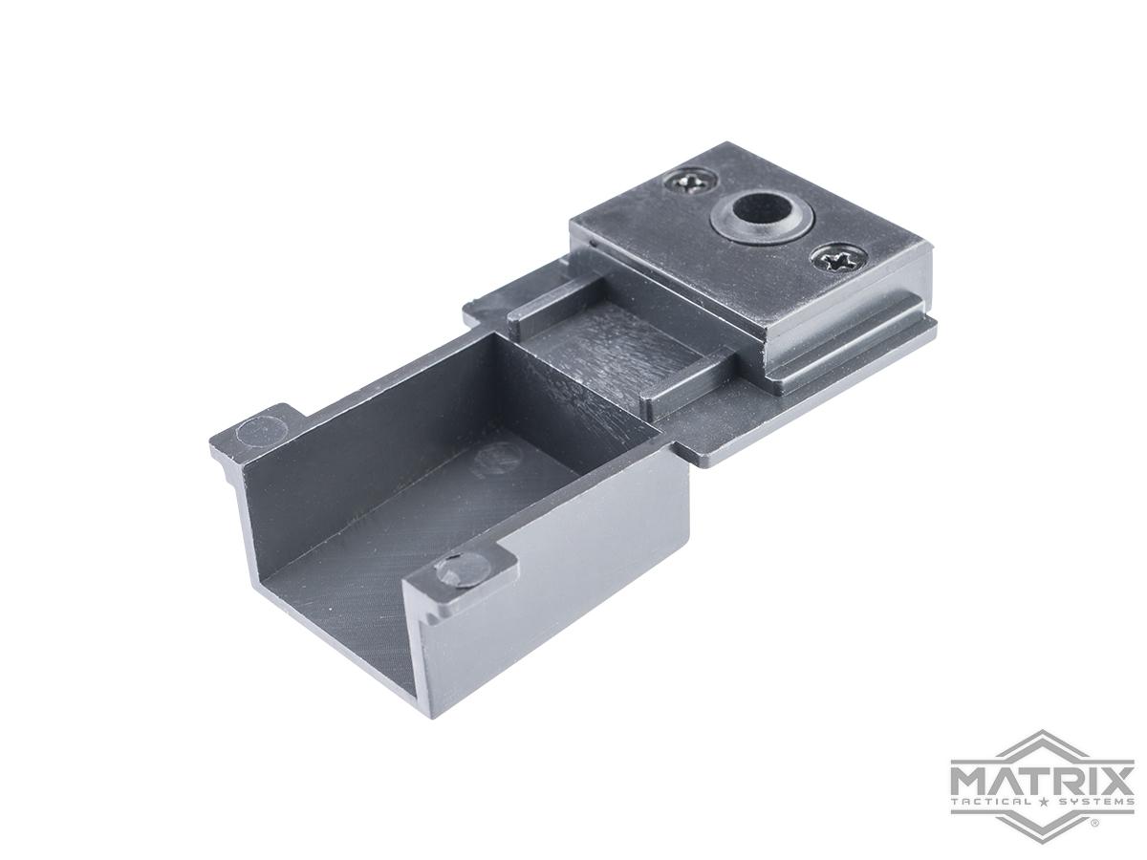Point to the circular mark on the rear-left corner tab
tap(252, 431)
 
